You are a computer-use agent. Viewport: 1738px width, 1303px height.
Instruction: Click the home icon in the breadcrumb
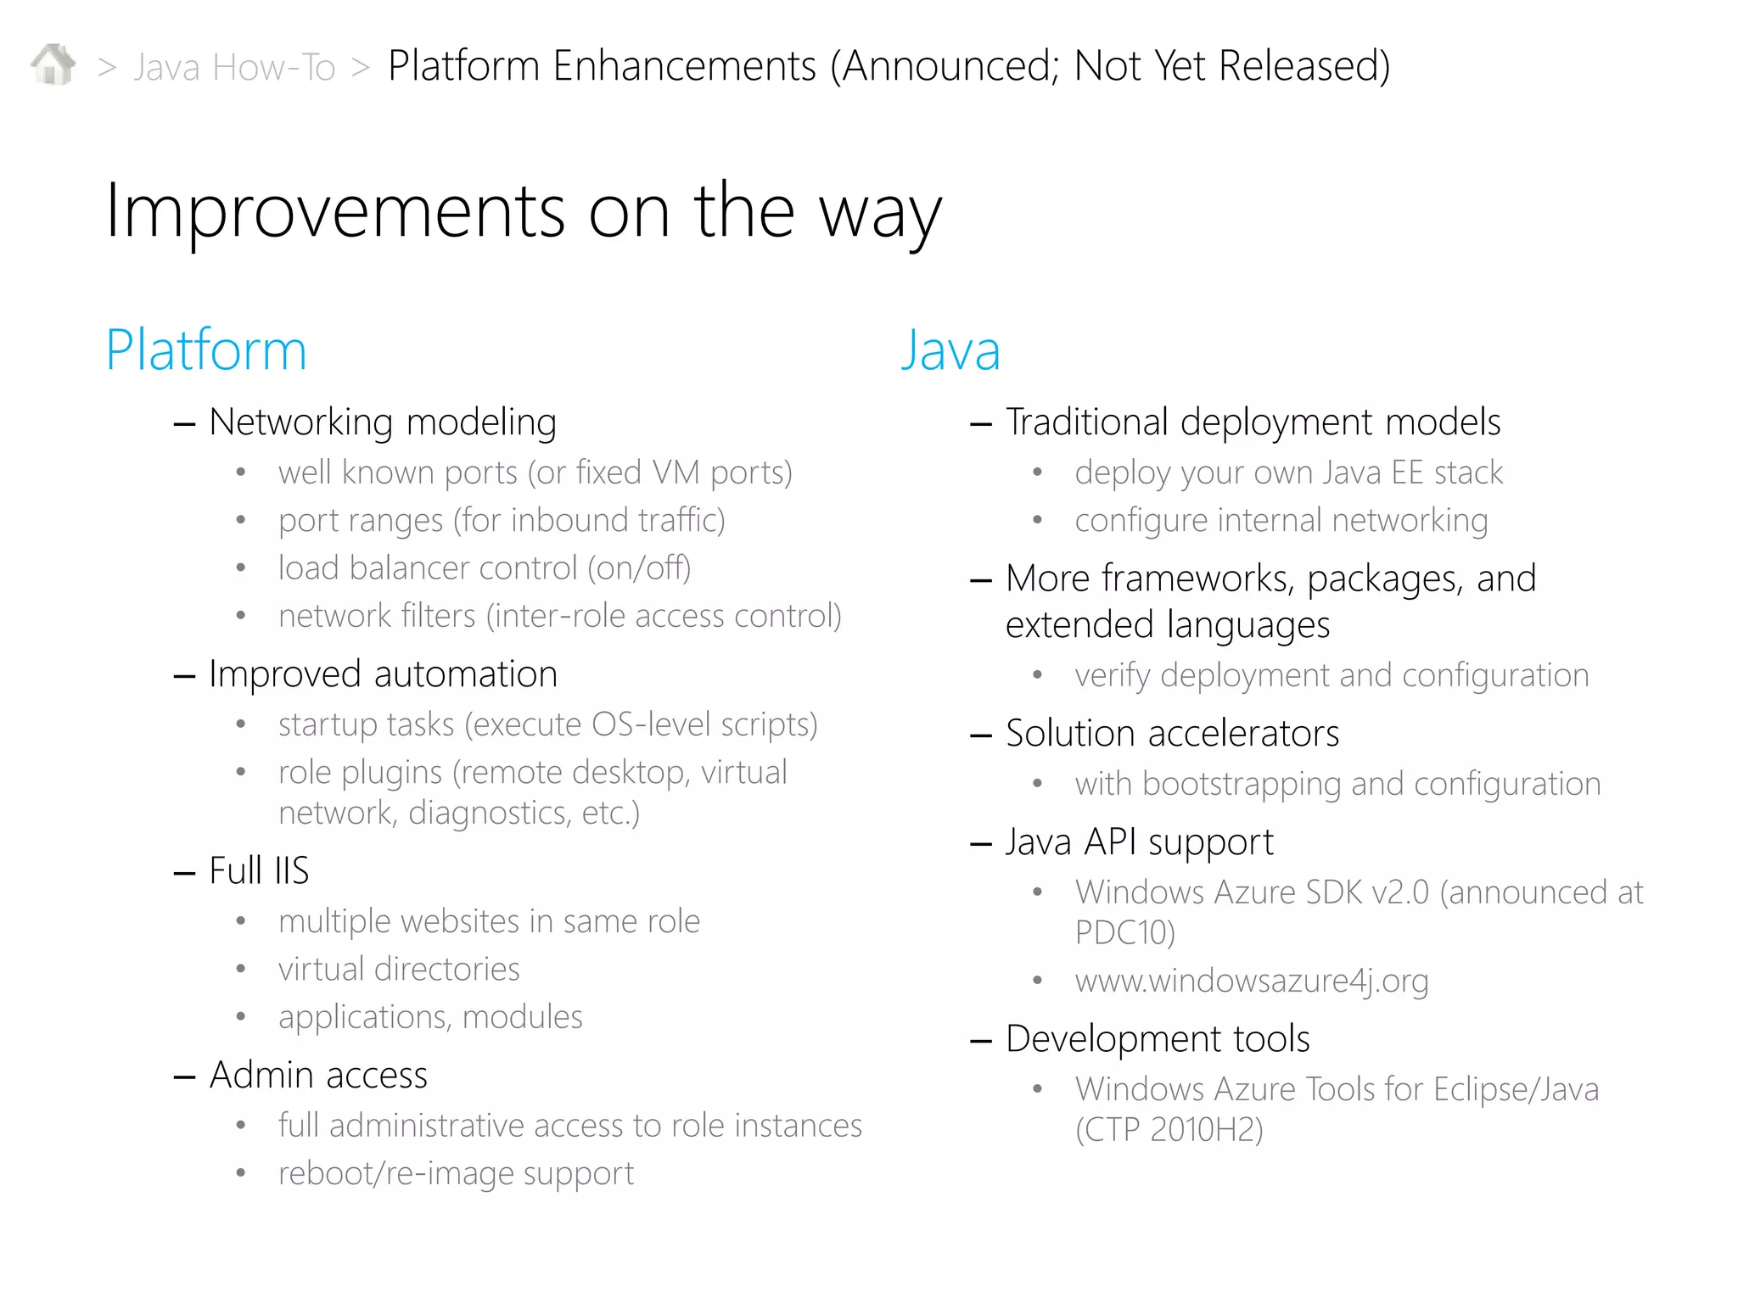tap(53, 64)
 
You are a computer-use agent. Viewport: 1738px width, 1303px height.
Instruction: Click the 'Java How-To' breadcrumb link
tap(234, 67)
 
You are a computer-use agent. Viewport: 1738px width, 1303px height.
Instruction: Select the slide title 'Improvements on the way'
tap(523, 212)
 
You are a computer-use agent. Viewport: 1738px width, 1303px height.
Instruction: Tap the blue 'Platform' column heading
tap(205, 350)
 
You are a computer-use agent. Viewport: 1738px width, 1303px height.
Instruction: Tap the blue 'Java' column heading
tap(950, 350)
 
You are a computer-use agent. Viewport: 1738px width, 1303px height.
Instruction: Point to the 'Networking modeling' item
tap(382, 422)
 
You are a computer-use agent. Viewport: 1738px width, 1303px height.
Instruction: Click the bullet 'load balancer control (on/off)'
tap(485, 568)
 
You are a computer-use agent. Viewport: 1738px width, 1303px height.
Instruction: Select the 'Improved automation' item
tap(383, 674)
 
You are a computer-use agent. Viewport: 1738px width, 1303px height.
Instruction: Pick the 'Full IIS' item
tap(259, 870)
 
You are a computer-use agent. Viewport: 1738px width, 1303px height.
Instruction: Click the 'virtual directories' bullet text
tap(399, 969)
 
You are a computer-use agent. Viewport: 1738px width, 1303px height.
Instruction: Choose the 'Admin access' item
tap(318, 1075)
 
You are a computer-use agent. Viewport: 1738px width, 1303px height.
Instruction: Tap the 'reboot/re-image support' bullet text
tap(456, 1173)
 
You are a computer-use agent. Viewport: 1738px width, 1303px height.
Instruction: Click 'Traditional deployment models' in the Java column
tap(1253, 422)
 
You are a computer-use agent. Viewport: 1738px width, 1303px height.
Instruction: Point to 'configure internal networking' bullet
tap(1281, 520)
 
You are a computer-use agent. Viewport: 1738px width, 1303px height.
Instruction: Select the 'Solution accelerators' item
tap(1172, 734)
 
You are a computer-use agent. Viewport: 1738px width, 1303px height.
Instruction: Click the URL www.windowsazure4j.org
tap(1252, 981)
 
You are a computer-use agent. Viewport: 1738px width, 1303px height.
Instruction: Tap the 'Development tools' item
tap(1158, 1039)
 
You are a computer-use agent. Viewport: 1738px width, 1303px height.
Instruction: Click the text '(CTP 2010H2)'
tap(1169, 1130)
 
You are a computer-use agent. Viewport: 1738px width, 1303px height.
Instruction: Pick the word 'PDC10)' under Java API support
tap(1124, 933)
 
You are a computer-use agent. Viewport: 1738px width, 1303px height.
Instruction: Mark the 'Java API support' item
tap(1139, 842)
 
